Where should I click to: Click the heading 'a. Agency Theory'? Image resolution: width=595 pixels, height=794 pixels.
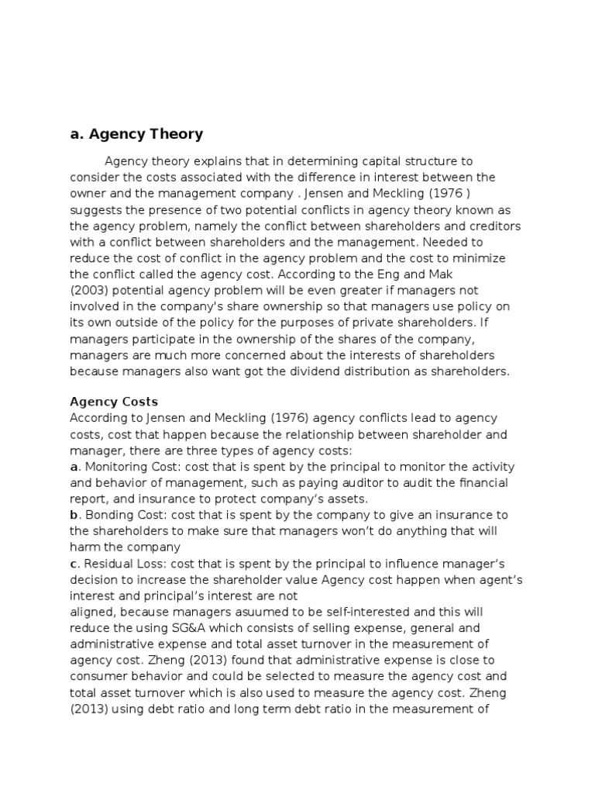point(136,134)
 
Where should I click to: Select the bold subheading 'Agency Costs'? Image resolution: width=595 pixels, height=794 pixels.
point(114,402)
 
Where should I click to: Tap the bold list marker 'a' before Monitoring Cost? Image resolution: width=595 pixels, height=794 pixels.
point(74,467)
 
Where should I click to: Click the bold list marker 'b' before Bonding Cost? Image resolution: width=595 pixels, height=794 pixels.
point(74,515)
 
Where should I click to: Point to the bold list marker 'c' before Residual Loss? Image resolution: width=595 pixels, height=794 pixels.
point(74,563)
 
